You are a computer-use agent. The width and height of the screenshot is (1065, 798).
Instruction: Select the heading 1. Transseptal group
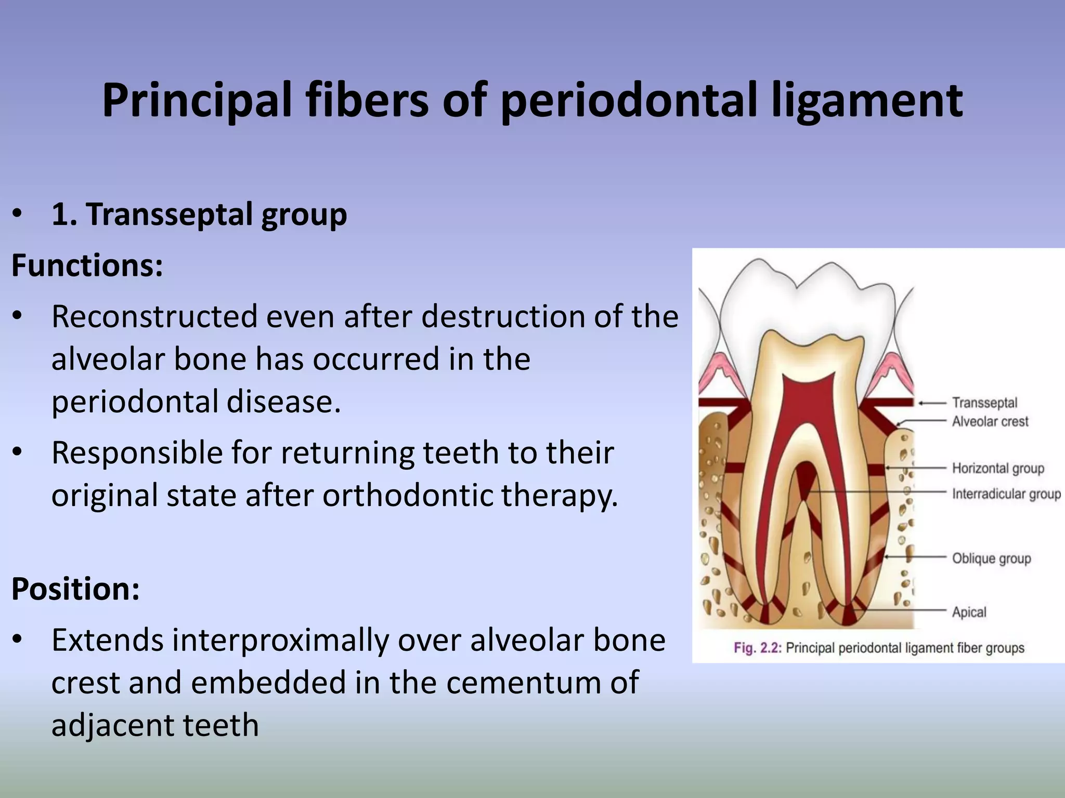[x=199, y=214]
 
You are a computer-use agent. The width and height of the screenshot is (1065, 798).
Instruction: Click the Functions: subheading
[x=87, y=265]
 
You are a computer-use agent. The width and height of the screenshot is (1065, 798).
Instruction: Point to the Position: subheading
[x=76, y=589]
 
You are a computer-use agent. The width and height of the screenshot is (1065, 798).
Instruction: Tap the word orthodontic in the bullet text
[x=408, y=495]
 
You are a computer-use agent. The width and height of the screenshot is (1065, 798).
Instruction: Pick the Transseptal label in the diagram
[x=984, y=403]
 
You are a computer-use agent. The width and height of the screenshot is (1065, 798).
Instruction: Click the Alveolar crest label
[x=990, y=421]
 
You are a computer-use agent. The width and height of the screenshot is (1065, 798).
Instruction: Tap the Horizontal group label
[x=998, y=468]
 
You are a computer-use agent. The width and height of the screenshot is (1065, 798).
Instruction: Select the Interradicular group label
[x=1006, y=494]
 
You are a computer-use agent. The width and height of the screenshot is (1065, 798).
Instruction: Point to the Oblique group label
[x=991, y=558]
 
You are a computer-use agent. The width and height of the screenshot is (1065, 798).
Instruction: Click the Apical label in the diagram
[x=969, y=612]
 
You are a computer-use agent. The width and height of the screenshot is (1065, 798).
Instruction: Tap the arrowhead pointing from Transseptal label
[x=921, y=403]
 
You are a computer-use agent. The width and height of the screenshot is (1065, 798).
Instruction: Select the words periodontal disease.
[x=196, y=402]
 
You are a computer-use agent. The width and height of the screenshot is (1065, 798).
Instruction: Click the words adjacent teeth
[x=155, y=725]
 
